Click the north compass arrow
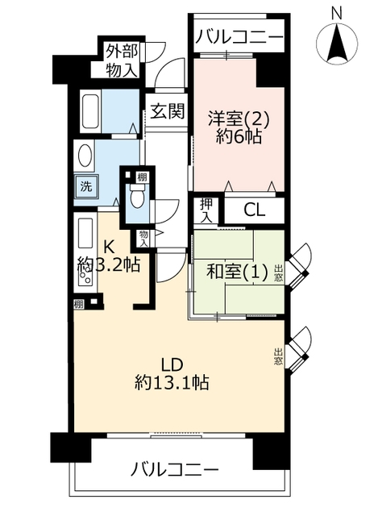click(x=337, y=44)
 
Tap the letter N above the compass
click(x=336, y=14)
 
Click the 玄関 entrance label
click(x=167, y=111)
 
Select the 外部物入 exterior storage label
click(x=121, y=61)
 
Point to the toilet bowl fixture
click(x=137, y=196)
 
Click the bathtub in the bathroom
click(x=90, y=111)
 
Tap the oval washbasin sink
click(x=85, y=156)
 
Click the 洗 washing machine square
click(x=86, y=186)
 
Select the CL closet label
click(x=255, y=210)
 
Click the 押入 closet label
click(x=206, y=210)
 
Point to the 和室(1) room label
click(x=236, y=273)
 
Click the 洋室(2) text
click(x=239, y=119)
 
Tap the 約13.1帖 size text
click(x=172, y=382)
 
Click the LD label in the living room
click(x=172, y=364)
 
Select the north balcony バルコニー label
click(x=239, y=36)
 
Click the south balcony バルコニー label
click(x=174, y=469)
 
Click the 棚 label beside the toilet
click(x=142, y=177)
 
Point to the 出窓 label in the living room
click(x=278, y=357)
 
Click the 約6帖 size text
click(x=239, y=136)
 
